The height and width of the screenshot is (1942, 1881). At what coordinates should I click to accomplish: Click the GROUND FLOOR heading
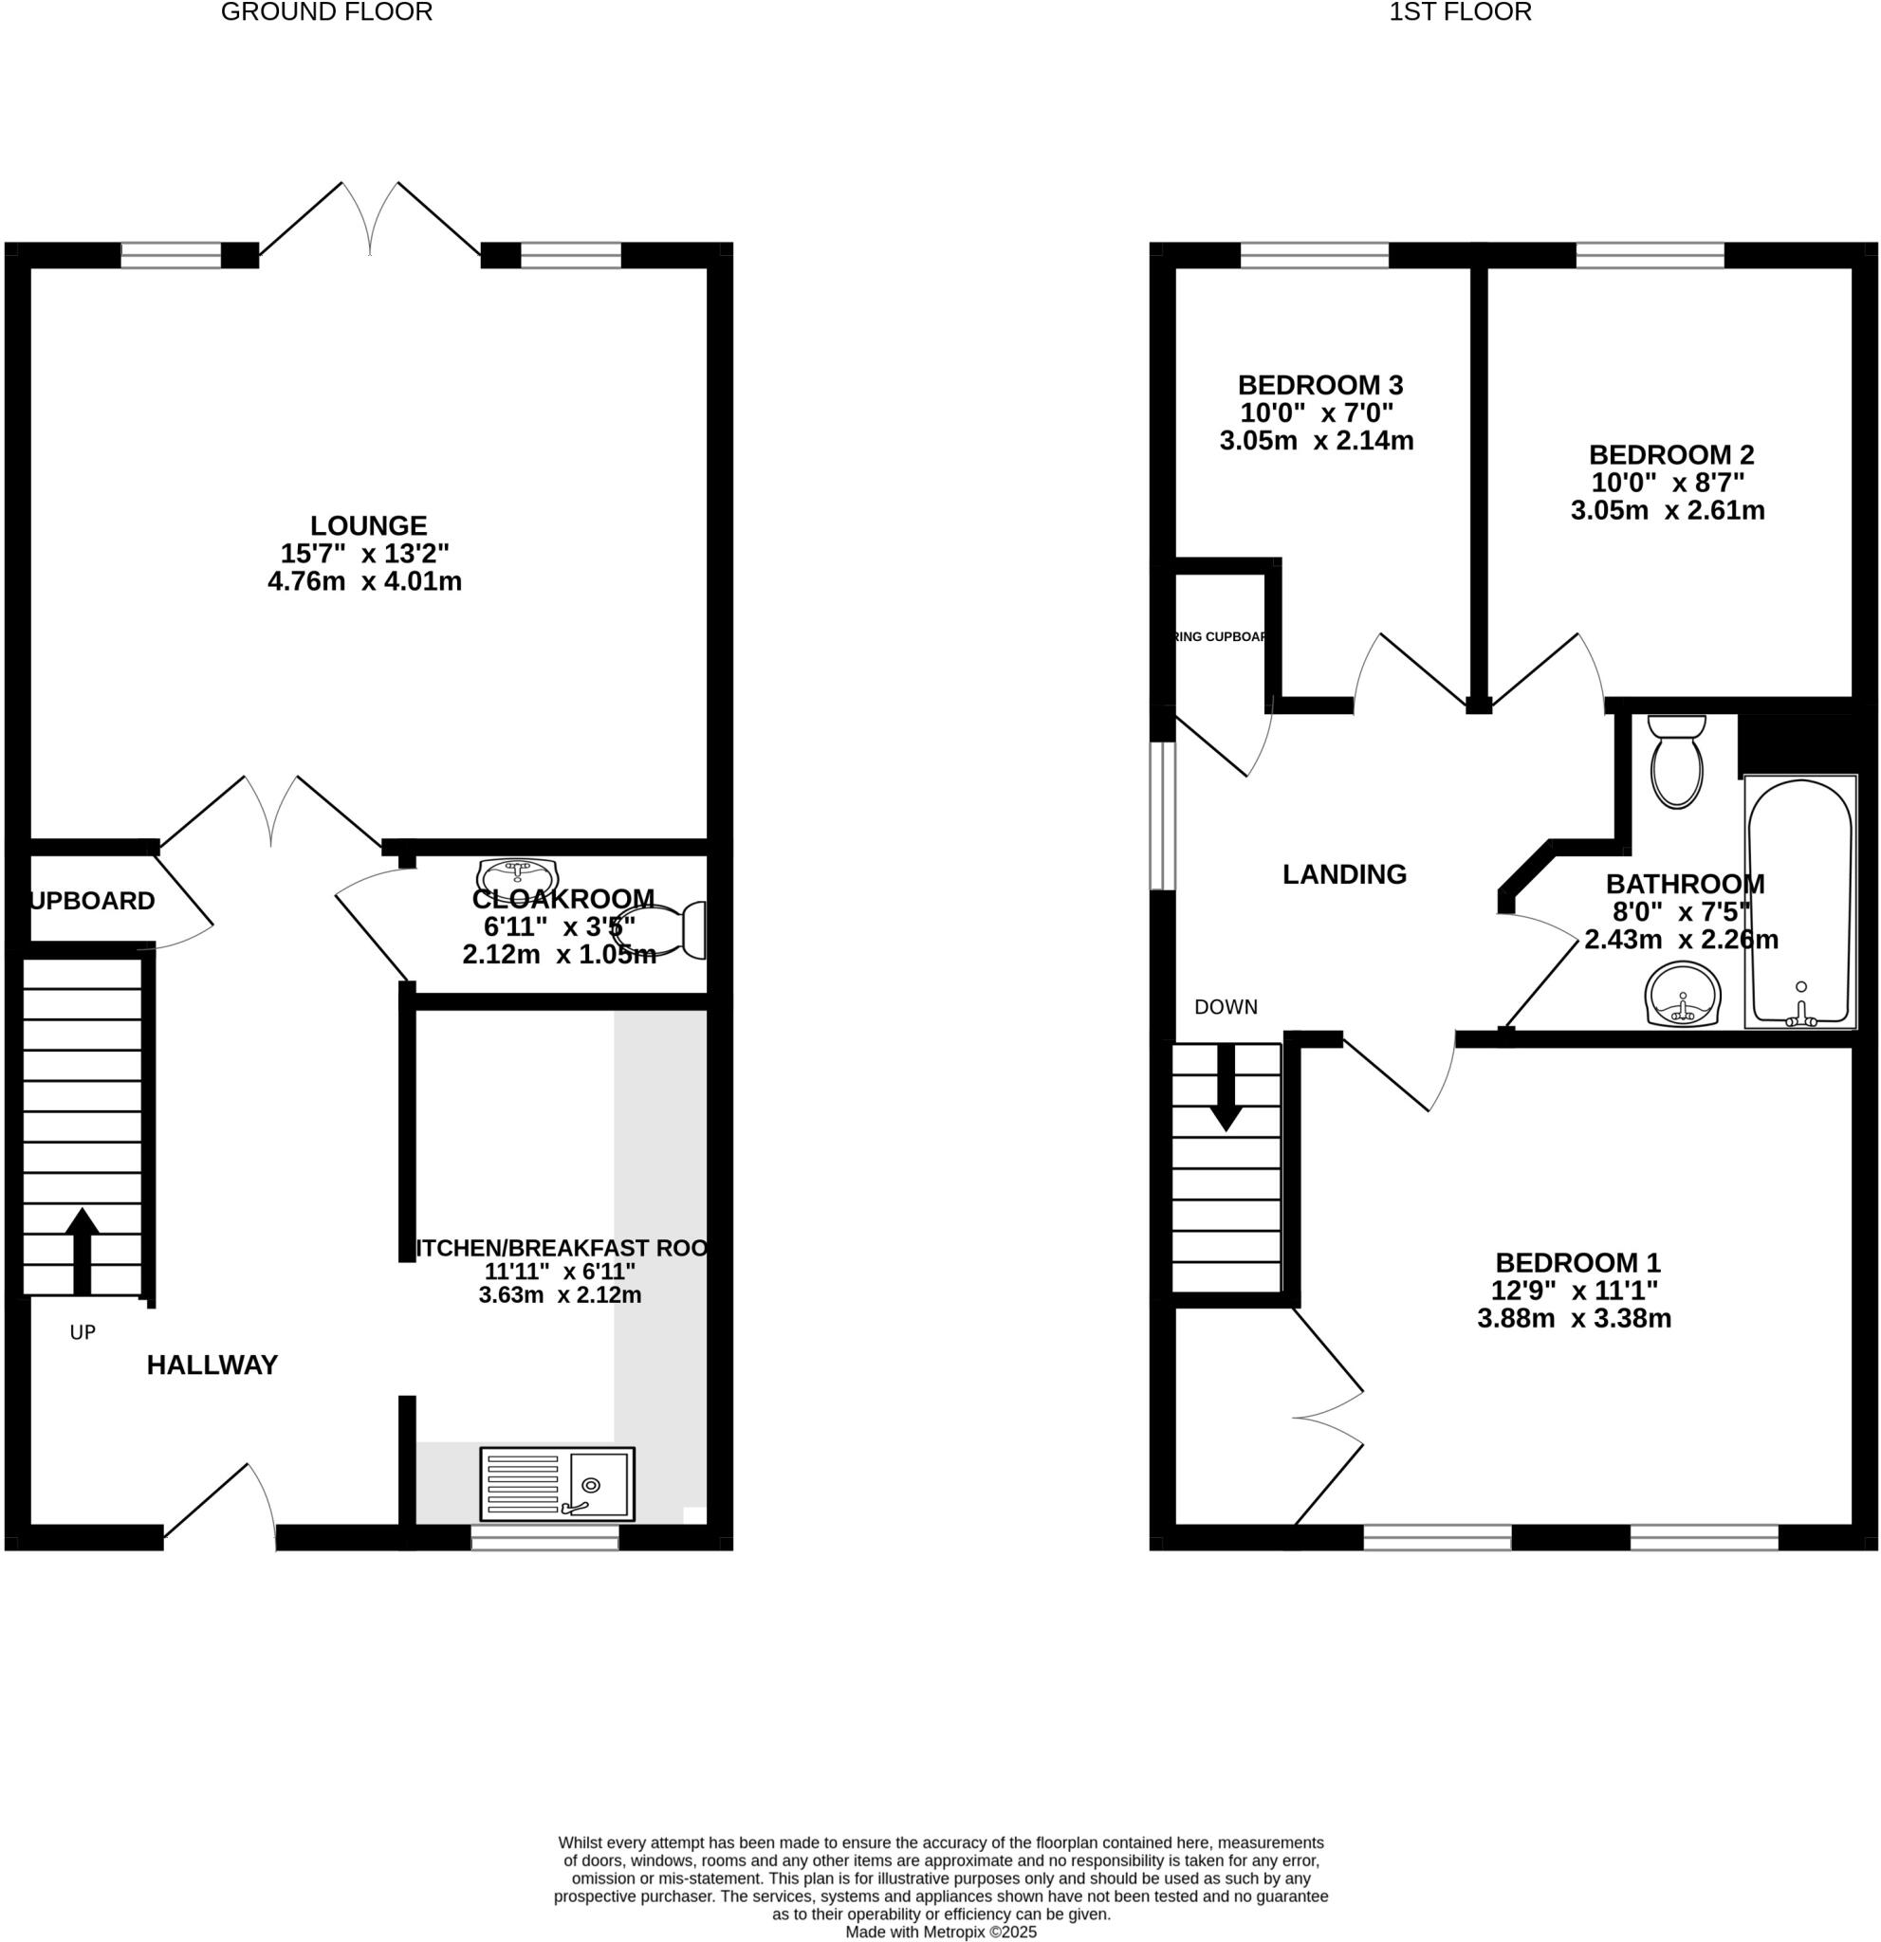[326, 13]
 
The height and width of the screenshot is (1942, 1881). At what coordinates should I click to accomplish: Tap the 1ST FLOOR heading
[1460, 13]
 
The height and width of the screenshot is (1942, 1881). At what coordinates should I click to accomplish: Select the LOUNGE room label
[368, 525]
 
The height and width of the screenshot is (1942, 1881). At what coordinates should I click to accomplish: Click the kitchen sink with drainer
[557, 1483]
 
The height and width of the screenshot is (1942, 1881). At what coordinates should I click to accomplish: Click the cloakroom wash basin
[517, 876]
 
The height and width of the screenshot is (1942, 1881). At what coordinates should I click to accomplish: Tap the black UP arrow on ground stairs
[83, 1251]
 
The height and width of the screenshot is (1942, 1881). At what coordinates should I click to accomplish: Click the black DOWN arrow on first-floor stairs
[1226, 1087]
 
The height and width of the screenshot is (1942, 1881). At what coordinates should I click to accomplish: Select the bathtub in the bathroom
[1799, 902]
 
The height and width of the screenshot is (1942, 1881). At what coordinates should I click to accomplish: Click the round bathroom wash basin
[1683, 994]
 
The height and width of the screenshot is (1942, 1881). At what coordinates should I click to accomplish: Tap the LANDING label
[1344, 874]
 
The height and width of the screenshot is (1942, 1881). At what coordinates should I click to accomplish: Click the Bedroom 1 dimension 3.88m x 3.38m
[1574, 1318]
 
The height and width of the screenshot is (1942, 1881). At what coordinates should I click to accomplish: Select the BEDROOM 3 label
[1320, 384]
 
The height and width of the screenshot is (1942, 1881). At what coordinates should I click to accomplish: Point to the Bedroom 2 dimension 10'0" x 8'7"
[1668, 483]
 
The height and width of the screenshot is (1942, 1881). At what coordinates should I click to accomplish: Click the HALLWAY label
[212, 1365]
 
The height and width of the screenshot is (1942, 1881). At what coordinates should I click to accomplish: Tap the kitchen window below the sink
[544, 1537]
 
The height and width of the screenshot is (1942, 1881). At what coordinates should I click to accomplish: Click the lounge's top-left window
[171, 256]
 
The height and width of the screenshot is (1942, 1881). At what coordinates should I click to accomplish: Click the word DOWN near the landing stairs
[1225, 1007]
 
